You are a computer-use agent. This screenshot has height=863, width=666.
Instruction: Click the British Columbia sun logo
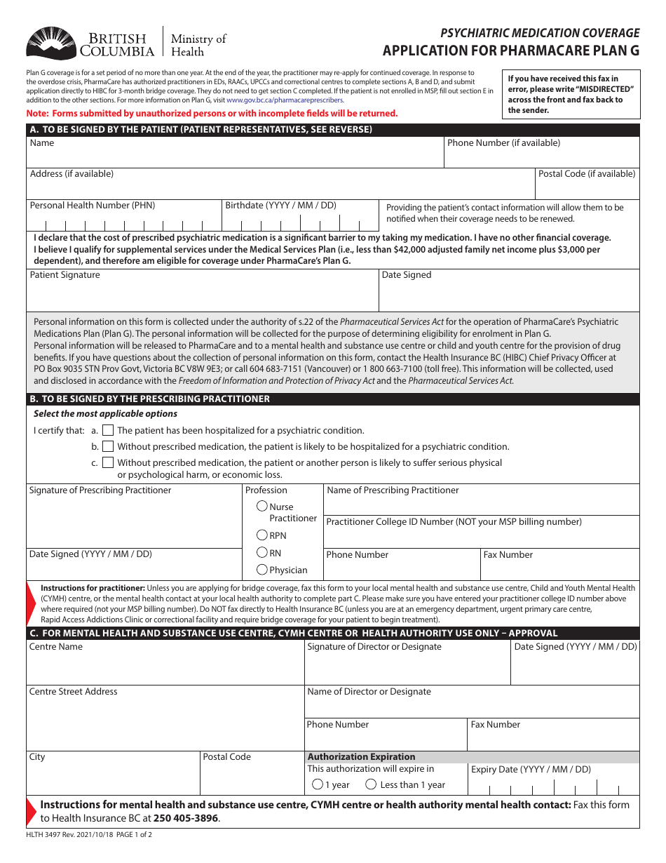coord(49,44)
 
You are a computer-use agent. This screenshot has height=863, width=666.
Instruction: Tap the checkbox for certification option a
coord(108,430)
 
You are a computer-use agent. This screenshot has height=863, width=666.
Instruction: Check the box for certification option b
coord(108,446)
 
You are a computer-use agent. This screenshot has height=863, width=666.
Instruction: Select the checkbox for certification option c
coord(108,462)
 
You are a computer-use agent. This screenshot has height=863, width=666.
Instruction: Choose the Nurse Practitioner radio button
coord(262,506)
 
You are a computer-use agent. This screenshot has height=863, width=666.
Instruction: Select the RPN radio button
coord(262,535)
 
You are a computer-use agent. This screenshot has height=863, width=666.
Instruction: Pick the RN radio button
coord(262,552)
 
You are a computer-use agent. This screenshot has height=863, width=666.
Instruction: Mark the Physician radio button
coord(262,570)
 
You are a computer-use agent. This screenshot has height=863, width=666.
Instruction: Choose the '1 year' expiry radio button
coord(318,784)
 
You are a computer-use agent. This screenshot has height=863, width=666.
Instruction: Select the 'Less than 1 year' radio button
coord(372,784)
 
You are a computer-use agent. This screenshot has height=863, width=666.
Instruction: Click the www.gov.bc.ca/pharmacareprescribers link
coord(285,100)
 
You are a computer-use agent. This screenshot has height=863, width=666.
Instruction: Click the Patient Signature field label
coord(65,275)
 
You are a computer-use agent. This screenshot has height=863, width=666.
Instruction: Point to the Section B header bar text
coord(149,399)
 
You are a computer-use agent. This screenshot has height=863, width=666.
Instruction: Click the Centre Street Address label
coord(74,692)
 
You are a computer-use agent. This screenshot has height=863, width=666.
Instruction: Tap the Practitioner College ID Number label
coord(454,522)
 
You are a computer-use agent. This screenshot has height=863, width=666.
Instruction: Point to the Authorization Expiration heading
coord(361,757)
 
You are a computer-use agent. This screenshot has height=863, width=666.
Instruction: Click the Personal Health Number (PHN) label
coord(93,206)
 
